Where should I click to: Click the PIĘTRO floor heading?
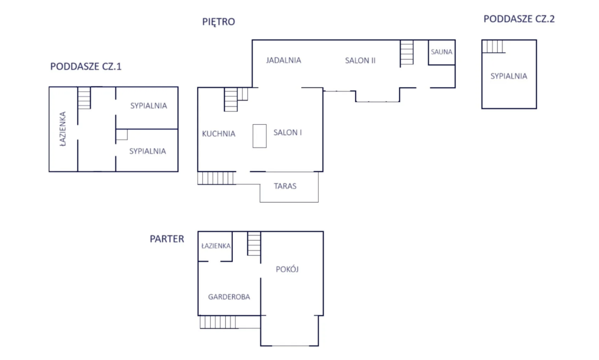point(219,22)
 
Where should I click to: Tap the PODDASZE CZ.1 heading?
point(86,67)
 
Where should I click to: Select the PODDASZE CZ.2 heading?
point(519,19)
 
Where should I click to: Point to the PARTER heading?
point(167,239)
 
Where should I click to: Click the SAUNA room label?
point(442,52)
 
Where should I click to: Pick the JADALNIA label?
point(284,60)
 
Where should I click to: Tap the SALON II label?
point(360,60)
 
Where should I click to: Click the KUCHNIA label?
point(219,134)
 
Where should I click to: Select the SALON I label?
point(288,133)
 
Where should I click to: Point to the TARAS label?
point(285,186)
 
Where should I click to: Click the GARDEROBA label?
point(229,297)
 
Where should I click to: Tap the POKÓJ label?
point(287,269)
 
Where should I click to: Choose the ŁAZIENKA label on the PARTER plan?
point(216,246)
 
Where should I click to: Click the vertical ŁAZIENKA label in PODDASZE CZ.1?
point(63,129)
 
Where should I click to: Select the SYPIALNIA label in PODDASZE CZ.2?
point(509,76)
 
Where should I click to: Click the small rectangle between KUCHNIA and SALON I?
point(259,136)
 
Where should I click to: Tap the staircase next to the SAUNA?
point(407,52)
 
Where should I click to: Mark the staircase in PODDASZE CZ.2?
point(494,46)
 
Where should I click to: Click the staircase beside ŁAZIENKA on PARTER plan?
point(254,244)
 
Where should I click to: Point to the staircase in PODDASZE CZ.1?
point(84,98)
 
